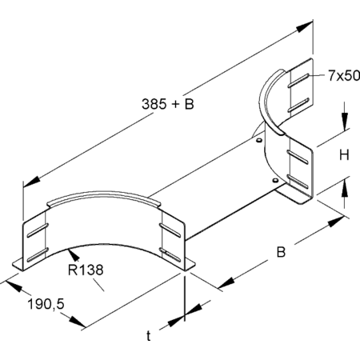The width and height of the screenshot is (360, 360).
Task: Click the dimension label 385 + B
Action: tap(168, 104)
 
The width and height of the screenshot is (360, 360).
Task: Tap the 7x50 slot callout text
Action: tap(344, 75)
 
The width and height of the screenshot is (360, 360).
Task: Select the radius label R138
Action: tap(86, 270)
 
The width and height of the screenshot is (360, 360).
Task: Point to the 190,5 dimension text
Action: tap(46, 304)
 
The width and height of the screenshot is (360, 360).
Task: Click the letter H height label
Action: tap(344, 154)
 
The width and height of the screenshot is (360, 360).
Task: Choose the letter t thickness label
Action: tap(149, 336)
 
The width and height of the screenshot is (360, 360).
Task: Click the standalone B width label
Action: tap(281, 252)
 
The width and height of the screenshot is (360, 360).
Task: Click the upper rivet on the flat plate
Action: tap(258, 140)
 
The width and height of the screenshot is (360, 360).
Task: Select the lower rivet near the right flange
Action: tap(275, 181)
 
